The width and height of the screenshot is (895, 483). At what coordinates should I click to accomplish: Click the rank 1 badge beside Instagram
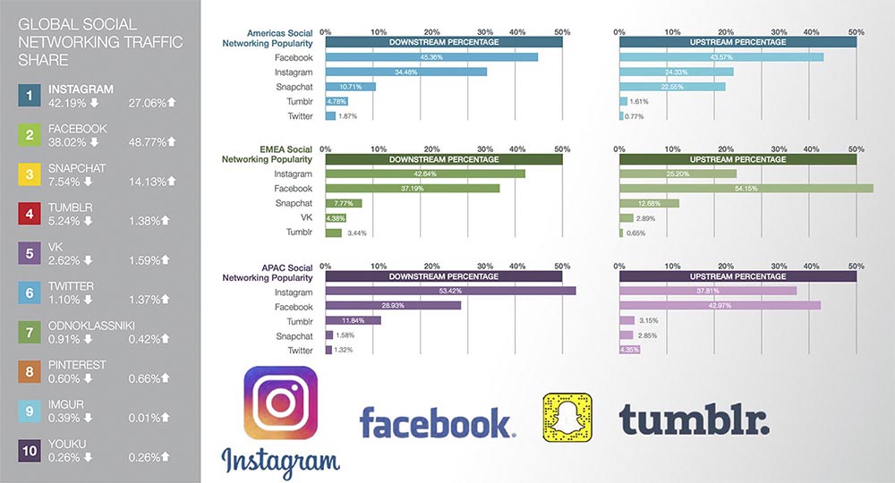point(30,96)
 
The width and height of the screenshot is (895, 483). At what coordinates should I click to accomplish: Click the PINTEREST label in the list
point(77,365)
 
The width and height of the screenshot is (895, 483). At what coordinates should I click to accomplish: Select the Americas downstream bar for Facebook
point(431,57)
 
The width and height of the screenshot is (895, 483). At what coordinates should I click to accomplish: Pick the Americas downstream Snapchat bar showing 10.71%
point(350,87)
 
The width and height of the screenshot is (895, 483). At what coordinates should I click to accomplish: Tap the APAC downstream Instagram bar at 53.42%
point(450,291)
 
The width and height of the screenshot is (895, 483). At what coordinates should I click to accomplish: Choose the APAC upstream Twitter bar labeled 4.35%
point(630,350)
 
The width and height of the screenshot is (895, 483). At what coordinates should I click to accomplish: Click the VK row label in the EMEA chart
point(305,217)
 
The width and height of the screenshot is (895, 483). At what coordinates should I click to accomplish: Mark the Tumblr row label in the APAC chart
point(300,320)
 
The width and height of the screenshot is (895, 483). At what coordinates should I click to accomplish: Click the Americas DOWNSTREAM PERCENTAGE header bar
point(443,41)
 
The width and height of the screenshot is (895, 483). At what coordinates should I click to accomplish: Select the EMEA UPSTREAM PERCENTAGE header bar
point(737,159)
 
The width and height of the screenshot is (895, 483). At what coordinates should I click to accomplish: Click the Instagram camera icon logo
point(280,403)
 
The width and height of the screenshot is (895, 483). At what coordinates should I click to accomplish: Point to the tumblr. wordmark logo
point(694,420)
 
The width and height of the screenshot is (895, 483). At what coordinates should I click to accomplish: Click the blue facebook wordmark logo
point(438,423)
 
